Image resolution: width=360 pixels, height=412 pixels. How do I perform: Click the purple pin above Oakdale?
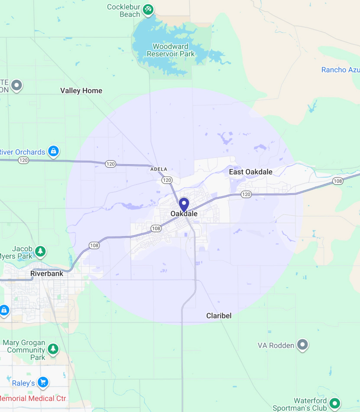184,204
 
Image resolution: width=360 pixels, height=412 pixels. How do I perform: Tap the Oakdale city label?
184,214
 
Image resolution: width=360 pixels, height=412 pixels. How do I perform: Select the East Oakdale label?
250,172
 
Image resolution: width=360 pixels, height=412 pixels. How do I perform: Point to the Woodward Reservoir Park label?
171,50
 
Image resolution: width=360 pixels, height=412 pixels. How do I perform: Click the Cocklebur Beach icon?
148,9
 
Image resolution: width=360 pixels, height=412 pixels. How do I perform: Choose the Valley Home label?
81,91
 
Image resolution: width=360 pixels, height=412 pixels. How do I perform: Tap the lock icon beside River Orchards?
53,151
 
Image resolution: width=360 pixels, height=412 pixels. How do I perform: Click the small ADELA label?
159,169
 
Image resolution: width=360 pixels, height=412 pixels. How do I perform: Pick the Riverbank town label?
47,274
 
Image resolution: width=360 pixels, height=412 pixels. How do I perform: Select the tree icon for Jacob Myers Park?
40,251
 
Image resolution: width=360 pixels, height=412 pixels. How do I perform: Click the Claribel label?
219,316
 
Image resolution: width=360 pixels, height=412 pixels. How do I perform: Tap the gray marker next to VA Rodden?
302,345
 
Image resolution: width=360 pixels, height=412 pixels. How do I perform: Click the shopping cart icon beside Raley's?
42,382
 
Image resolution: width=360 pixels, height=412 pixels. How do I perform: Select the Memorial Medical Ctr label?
33,399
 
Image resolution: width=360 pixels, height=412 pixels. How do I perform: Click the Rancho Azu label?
340,70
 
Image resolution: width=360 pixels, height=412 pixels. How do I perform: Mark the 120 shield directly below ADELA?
167,180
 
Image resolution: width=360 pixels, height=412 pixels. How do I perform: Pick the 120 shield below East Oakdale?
246,194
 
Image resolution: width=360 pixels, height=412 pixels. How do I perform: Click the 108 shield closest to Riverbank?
94,246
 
